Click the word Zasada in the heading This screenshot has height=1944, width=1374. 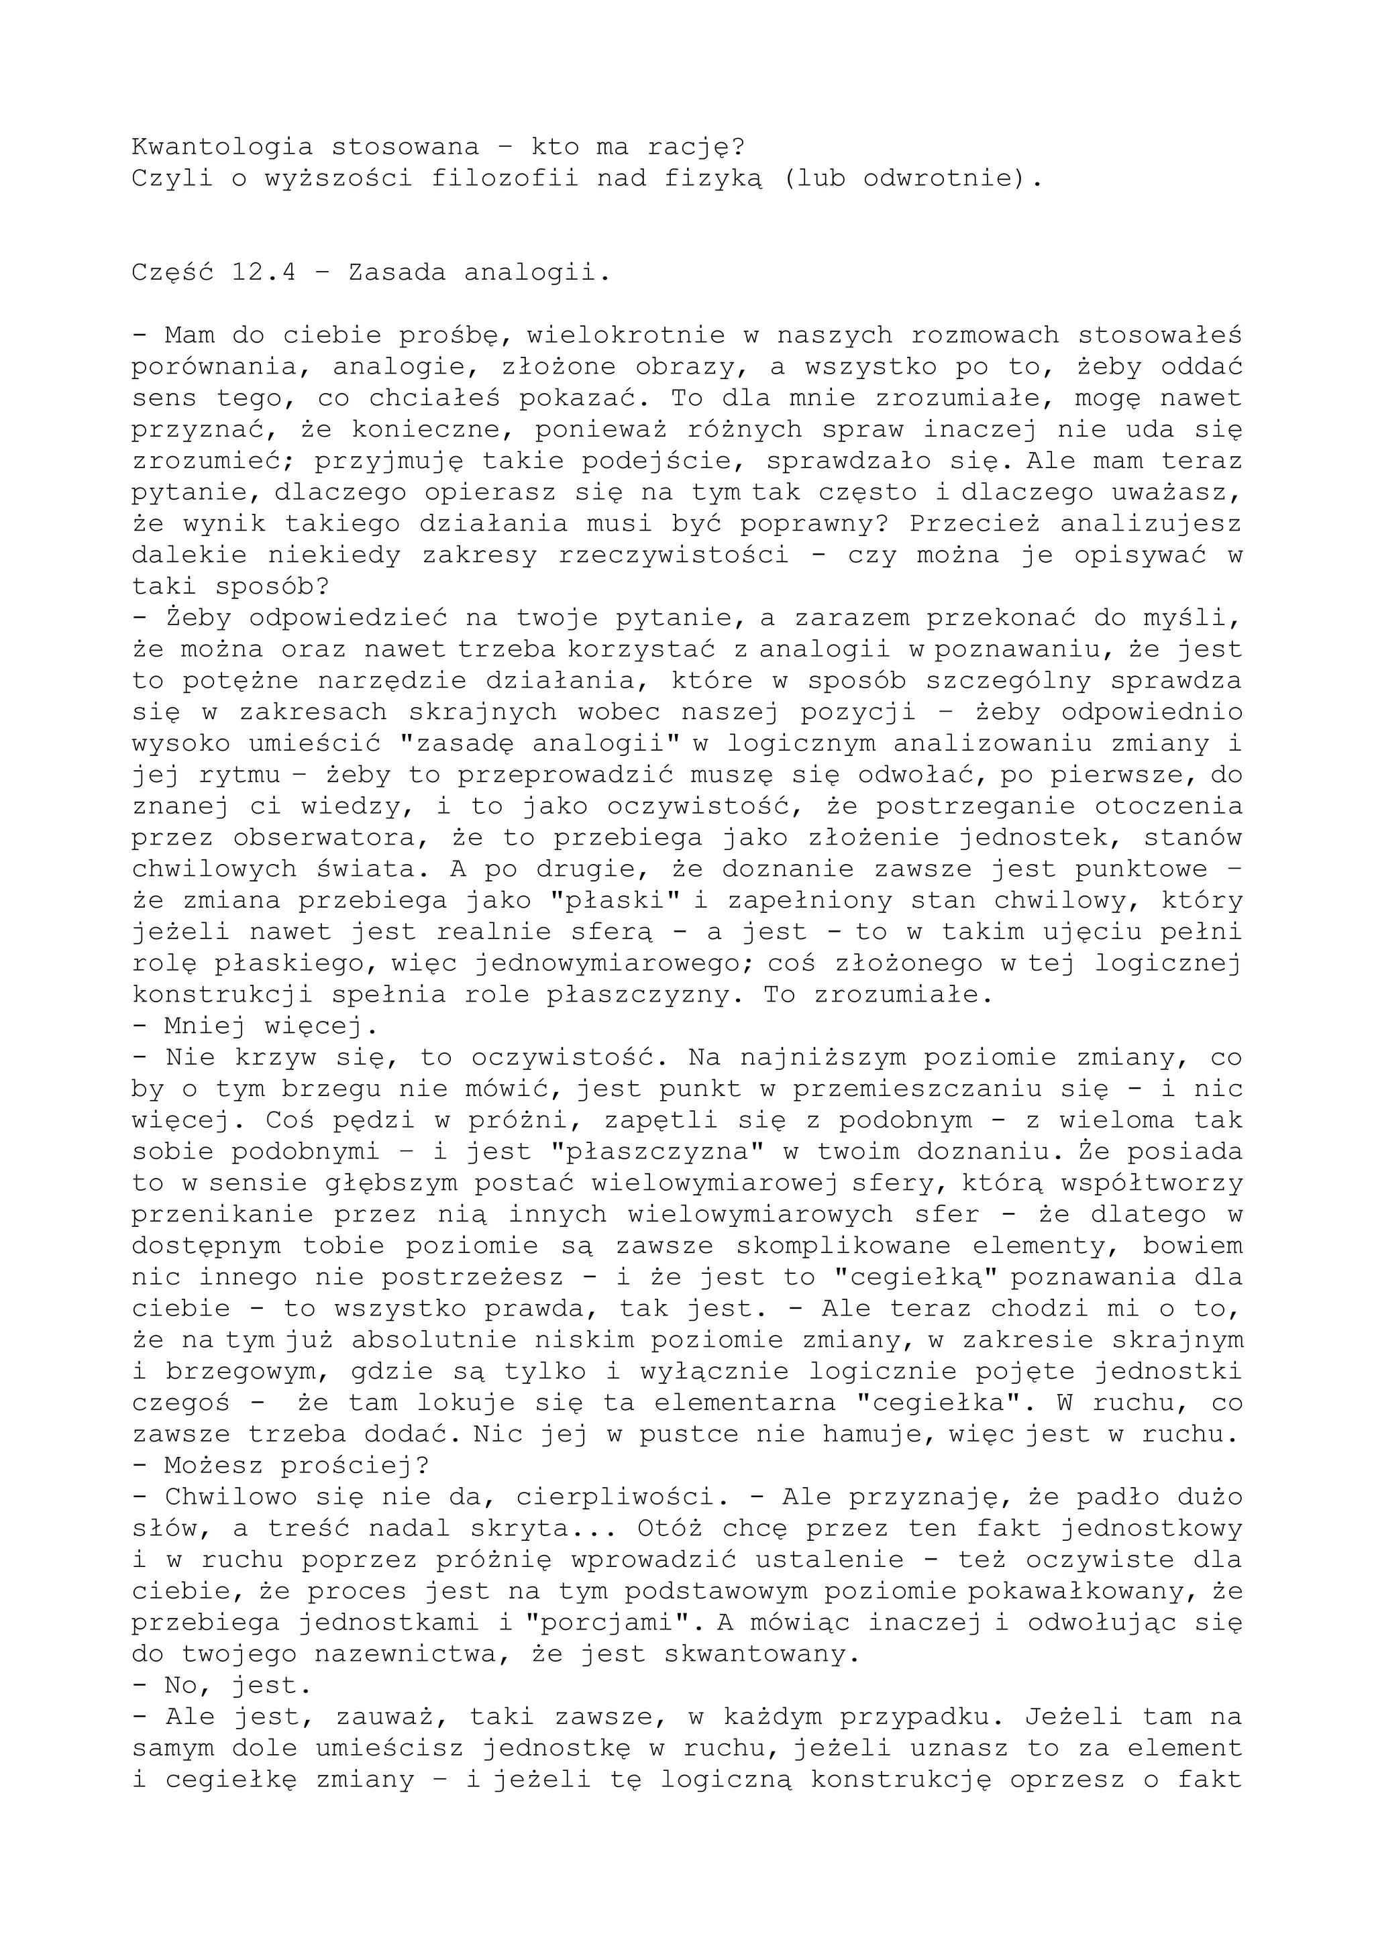tap(397, 272)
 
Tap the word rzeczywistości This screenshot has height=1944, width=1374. tap(672, 555)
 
